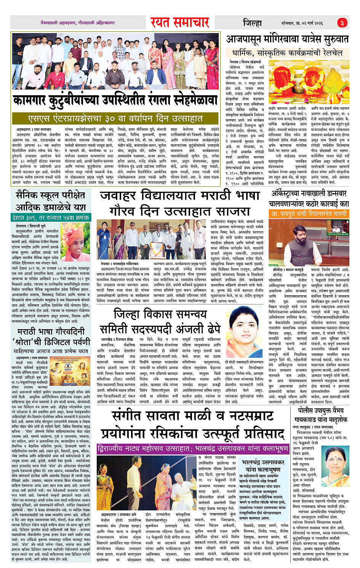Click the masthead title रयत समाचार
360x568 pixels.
(179, 22)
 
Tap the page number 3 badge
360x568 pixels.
(342, 23)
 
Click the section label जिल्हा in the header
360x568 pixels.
(252, 23)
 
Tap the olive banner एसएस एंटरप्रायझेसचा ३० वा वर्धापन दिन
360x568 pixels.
(115, 119)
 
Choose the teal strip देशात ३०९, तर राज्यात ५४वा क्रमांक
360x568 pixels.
(51, 218)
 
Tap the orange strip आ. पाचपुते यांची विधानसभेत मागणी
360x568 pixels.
(309, 214)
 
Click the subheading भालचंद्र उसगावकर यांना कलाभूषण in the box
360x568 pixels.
(263, 466)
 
